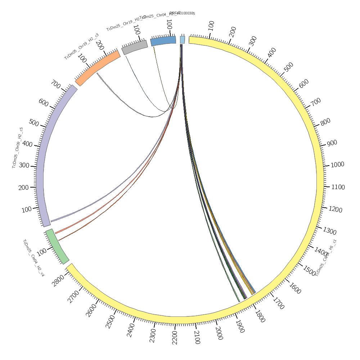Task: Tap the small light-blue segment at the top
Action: click(183, 40)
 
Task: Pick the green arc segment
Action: click(57, 247)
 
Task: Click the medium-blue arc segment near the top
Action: click(163, 40)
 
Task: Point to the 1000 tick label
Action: click(337, 165)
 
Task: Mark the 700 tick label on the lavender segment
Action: click(55, 85)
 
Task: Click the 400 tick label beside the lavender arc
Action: click(27, 144)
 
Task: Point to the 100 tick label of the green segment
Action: click(41, 252)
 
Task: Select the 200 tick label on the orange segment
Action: click(100, 45)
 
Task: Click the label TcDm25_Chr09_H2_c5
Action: click(18, 148)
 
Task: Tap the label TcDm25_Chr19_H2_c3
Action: click(81, 46)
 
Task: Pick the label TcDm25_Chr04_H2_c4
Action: click(33, 258)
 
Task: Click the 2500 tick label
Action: click(111, 321)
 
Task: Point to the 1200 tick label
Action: click(336, 210)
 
